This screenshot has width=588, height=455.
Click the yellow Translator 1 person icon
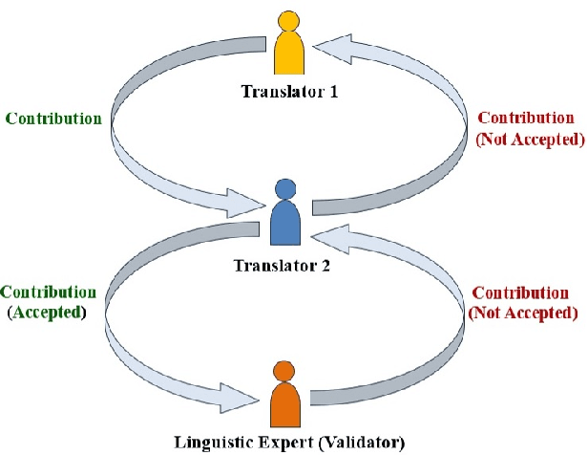click(287, 47)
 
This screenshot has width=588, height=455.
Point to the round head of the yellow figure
click(287, 19)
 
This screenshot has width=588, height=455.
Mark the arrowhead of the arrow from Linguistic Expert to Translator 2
click(322, 232)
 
